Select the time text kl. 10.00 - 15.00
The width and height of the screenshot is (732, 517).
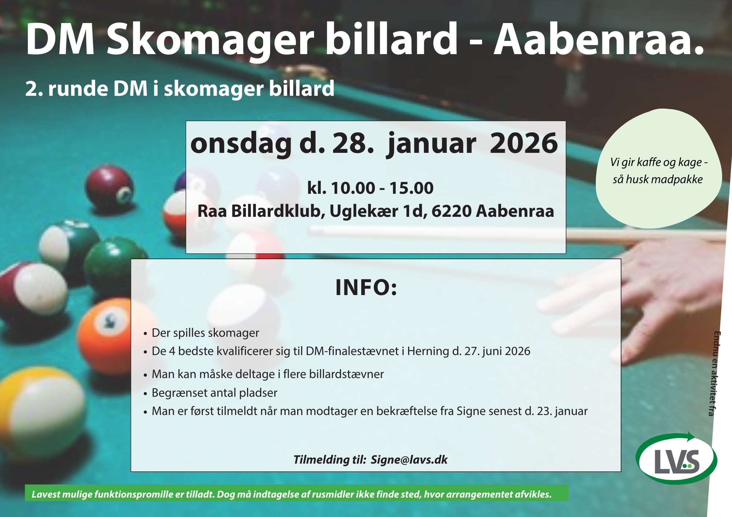pyautogui.click(x=370, y=188)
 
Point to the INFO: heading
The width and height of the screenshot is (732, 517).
pyautogui.click(x=366, y=287)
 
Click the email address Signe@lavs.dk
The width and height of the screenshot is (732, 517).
pyautogui.click(x=409, y=460)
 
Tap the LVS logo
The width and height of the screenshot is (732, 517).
pyautogui.click(x=677, y=458)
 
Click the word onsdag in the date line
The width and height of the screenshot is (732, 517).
pyautogui.click(x=241, y=144)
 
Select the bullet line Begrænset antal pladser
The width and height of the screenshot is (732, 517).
pyautogui.click(x=214, y=393)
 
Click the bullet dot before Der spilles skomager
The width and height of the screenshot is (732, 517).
pyautogui.click(x=145, y=334)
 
